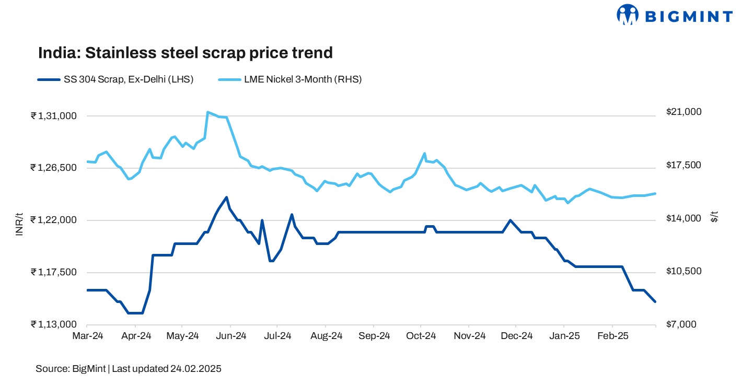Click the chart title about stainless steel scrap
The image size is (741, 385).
pos(185,53)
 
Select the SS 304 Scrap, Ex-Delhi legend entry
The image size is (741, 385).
pos(115,80)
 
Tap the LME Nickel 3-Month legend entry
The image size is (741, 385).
pos(290,80)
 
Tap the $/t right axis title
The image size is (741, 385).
pos(714,217)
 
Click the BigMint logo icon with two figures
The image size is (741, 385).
pos(628,15)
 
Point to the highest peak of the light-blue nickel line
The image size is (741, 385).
pos(207,112)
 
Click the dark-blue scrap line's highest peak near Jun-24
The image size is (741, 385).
pos(226,197)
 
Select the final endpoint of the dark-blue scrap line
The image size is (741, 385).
pos(655,301)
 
